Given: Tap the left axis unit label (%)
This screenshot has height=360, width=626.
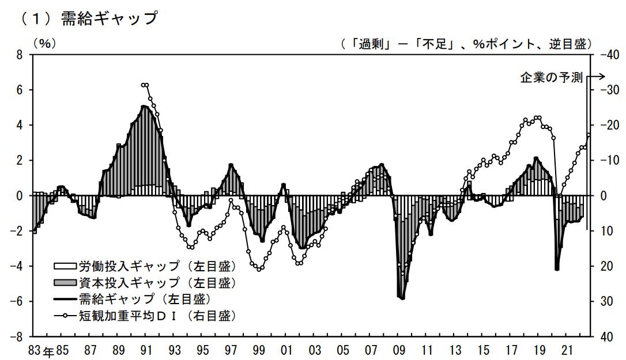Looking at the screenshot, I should [44, 44].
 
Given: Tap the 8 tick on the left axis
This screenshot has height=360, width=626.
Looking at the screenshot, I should [20, 55].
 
